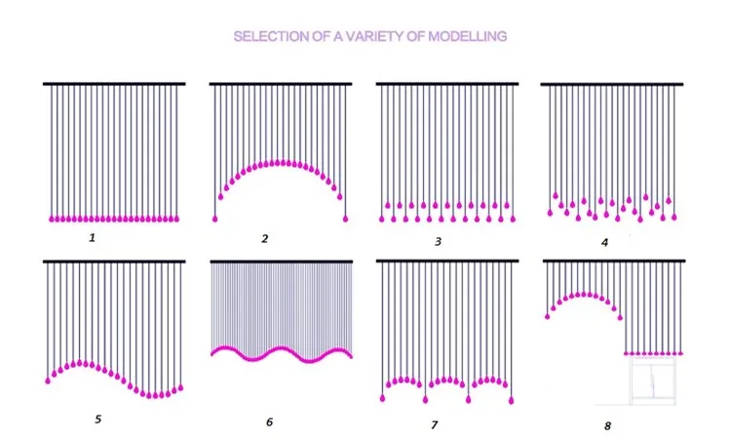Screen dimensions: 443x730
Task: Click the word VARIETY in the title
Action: tap(379, 36)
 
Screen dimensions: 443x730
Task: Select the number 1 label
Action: tap(92, 235)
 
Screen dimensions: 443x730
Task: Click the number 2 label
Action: tap(265, 237)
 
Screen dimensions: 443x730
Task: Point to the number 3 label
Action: tap(438, 240)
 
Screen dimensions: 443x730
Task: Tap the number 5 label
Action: tap(97, 420)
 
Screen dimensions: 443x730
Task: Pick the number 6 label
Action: tap(269, 423)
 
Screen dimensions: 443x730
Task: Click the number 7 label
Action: tap(434, 424)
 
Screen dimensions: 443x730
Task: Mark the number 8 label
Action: tap(607, 426)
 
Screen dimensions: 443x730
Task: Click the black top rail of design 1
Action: tap(114, 84)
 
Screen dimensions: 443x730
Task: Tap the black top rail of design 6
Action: tap(281, 262)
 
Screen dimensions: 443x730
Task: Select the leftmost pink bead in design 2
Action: tap(215, 218)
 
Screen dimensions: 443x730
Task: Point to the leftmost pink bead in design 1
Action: tap(49, 217)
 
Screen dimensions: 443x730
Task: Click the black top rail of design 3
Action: tap(447, 84)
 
